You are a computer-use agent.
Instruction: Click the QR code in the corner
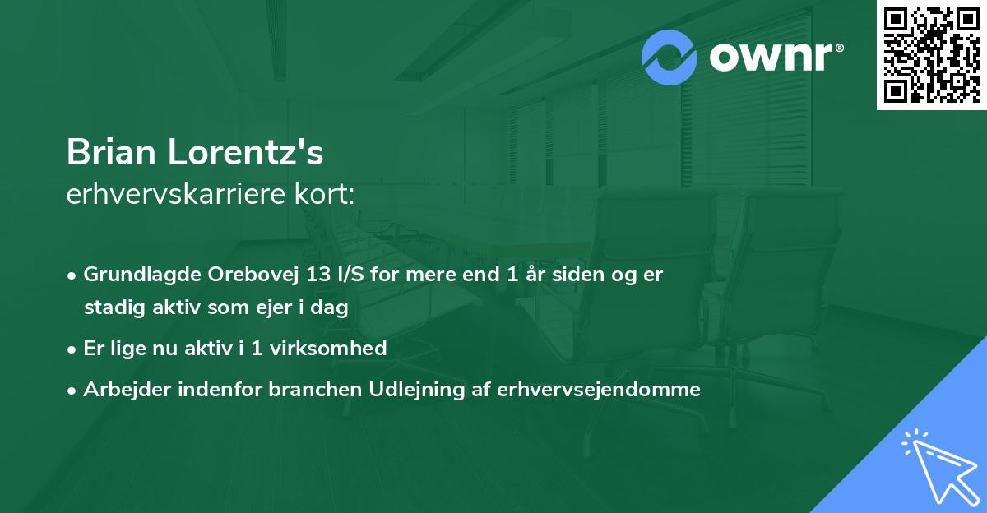tap(931, 54)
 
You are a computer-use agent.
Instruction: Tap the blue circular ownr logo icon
tap(670, 57)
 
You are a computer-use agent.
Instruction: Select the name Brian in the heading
tap(112, 152)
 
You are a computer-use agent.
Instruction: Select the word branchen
tap(305, 389)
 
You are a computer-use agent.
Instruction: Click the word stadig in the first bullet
tap(108, 308)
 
